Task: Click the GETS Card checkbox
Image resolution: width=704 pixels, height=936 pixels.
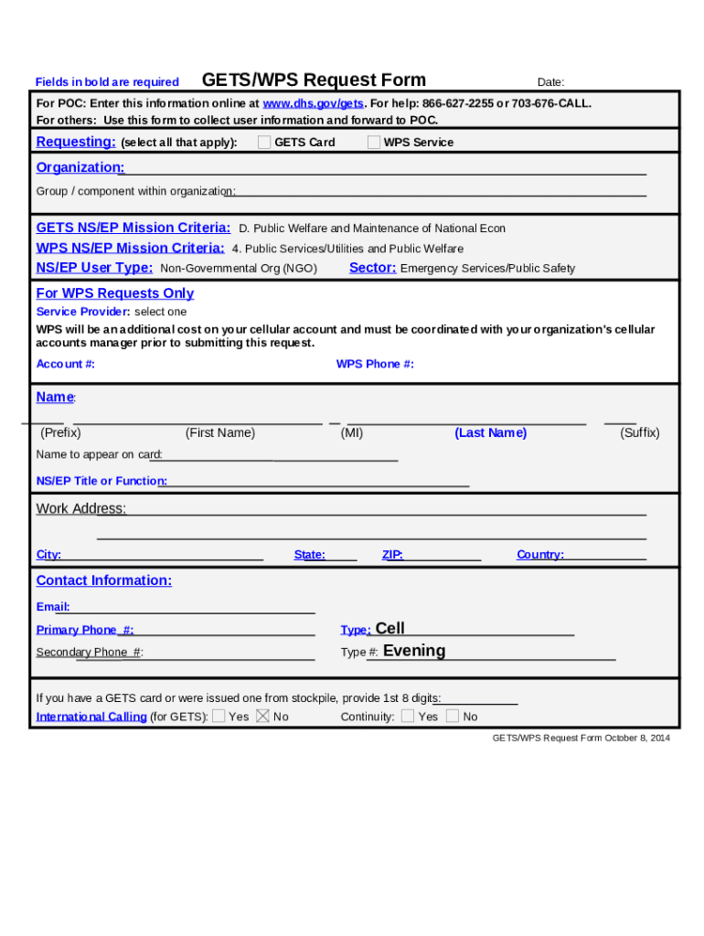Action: click(264, 142)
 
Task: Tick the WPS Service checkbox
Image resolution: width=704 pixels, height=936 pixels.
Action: click(374, 142)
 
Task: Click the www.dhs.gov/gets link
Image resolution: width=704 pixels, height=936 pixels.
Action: click(313, 103)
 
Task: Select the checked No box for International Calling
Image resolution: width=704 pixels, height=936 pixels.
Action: click(262, 716)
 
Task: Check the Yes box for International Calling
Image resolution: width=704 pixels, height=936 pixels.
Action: click(219, 716)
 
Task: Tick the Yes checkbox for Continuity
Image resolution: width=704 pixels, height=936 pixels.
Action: click(408, 716)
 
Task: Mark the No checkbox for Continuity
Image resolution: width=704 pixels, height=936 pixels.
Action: click(453, 716)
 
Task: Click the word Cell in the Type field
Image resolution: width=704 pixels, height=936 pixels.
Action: click(389, 628)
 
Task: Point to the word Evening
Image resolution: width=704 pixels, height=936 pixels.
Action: click(414, 651)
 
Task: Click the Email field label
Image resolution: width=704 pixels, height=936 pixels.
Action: click(52, 607)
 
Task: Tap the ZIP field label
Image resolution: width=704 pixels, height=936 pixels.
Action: click(392, 555)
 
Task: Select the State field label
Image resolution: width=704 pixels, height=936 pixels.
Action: click(309, 555)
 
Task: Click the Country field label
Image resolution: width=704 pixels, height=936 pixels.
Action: click(539, 555)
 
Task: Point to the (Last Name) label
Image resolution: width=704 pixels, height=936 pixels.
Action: click(490, 433)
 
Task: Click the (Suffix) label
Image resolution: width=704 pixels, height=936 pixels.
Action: click(639, 433)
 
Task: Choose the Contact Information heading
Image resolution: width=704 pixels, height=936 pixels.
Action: click(103, 580)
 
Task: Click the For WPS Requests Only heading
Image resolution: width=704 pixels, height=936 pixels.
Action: click(114, 293)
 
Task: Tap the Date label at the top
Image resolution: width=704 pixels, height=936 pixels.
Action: click(550, 82)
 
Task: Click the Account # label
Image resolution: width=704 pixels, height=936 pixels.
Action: click(65, 364)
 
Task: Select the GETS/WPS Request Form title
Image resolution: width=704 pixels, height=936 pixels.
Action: click(314, 80)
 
